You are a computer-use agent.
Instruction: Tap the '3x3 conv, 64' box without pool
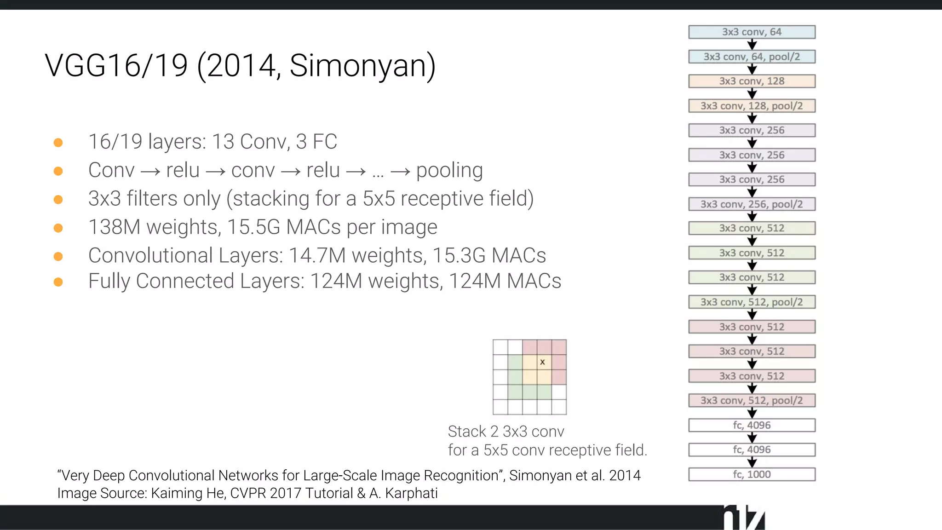(752, 32)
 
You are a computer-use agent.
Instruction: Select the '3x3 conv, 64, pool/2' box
(752, 57)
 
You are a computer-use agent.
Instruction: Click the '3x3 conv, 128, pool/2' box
(752, 106)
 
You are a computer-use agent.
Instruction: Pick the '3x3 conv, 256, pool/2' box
(752, 204)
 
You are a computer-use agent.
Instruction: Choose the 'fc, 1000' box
(752, 474)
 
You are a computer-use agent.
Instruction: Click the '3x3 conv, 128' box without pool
(752, 81)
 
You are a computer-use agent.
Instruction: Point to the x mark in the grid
(543, 363)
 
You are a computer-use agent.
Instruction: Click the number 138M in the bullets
(114, 227)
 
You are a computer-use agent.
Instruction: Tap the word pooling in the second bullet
(449, 171)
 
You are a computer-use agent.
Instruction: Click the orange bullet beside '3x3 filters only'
(58, 200)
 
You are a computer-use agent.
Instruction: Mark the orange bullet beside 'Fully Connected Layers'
(58, 282)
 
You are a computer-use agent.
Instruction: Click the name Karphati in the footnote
(411, 493)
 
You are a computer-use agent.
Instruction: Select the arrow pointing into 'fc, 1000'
(752, 462)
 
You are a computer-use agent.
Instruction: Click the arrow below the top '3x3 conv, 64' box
(752, 45)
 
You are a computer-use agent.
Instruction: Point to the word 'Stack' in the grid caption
(467, 432)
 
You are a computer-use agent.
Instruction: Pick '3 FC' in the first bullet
(316, 142)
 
